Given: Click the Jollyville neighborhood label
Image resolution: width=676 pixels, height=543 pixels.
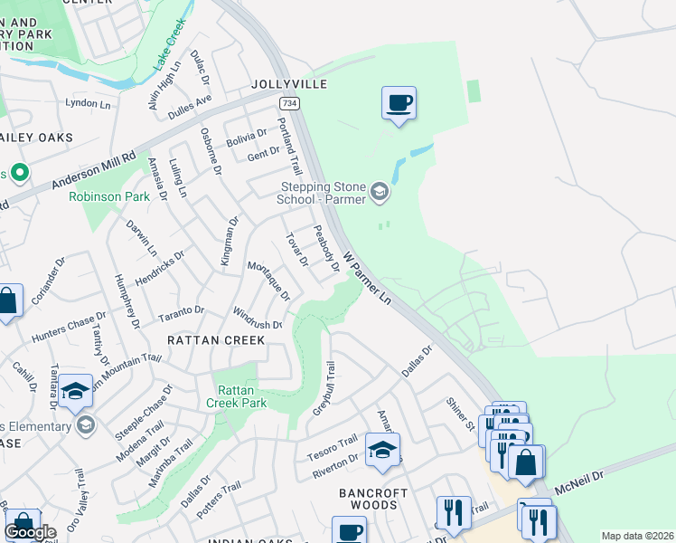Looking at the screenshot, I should click(x=288, y=84).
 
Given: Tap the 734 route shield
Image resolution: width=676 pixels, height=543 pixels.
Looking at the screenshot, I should click(x=288, y=104).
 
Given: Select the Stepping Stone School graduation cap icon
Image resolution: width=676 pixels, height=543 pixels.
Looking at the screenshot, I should click(x=380, y=191).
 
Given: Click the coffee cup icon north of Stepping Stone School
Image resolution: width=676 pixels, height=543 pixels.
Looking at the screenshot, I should click(x=399, y=102).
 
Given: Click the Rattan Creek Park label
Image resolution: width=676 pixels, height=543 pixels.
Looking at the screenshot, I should click(x=236, y=396).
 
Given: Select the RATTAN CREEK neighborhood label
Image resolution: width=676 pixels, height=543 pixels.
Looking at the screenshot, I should click(x=216, y=340).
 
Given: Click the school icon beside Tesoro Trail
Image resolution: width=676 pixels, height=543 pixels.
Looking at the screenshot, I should click(x=382, y=449).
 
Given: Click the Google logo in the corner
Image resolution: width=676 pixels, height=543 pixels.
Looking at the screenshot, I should click(x=30, y=532).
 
